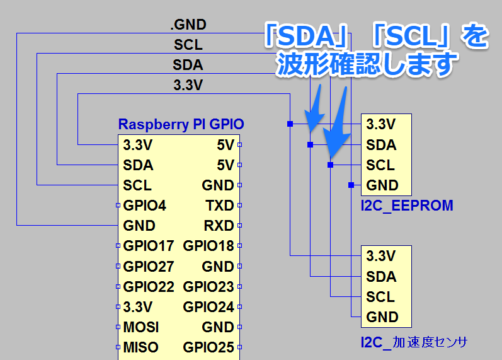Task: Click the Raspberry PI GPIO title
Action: click(x=181, y=125)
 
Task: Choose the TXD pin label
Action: click(x=218, y=205)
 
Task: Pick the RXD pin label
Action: click(x=218, y=225)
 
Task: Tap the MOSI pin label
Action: click(x=141, y=327)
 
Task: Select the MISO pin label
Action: click(x=141, y=347)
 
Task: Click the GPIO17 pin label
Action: click(x=148, y=246)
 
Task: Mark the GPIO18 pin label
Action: click(x=208, y=246)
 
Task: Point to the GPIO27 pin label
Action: click(x=148, y=266)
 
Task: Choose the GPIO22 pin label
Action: click(x=148, y=286)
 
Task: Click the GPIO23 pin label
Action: click(x=208, y=286)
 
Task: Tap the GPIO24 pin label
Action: click(x=208, y=307)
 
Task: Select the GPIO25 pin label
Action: click(x=208, y=347)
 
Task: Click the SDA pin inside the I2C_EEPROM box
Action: click(x=381, y=145)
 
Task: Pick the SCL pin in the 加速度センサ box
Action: click(x=380, y=296)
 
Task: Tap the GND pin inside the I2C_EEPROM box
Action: click(x=382, y=185)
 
